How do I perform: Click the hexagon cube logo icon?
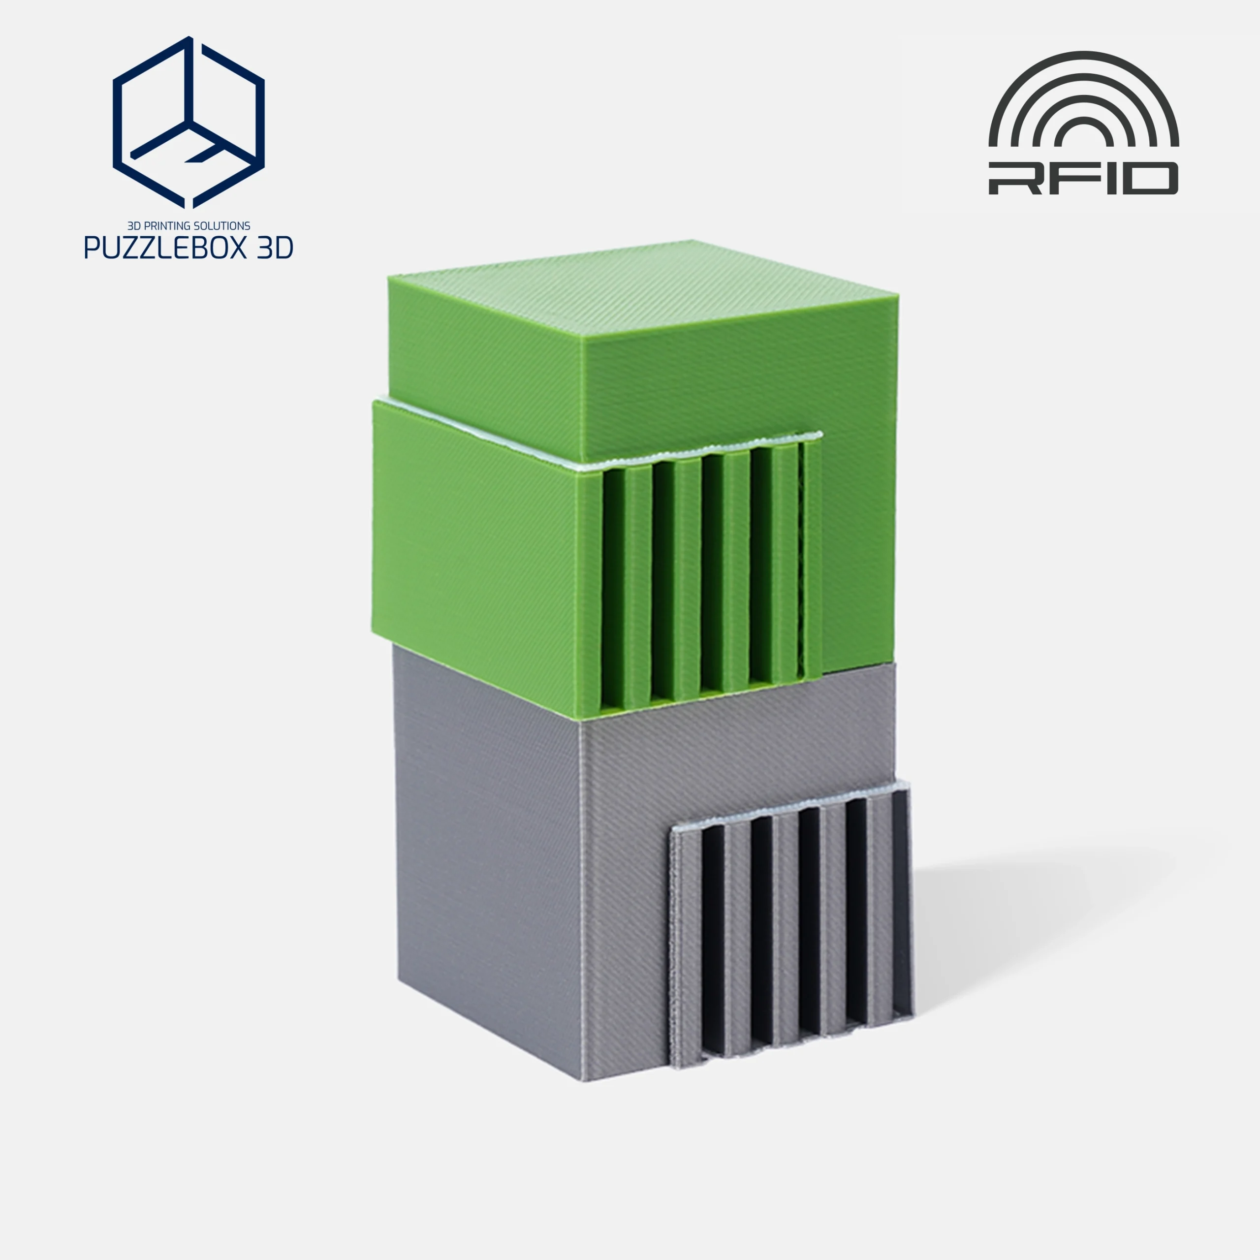click(189, 123)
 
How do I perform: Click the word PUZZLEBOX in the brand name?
click(162, 248)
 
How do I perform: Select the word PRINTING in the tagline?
click(169, 225)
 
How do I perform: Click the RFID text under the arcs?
click(1083, 179)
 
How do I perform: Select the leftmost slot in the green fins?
click(614, 590)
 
